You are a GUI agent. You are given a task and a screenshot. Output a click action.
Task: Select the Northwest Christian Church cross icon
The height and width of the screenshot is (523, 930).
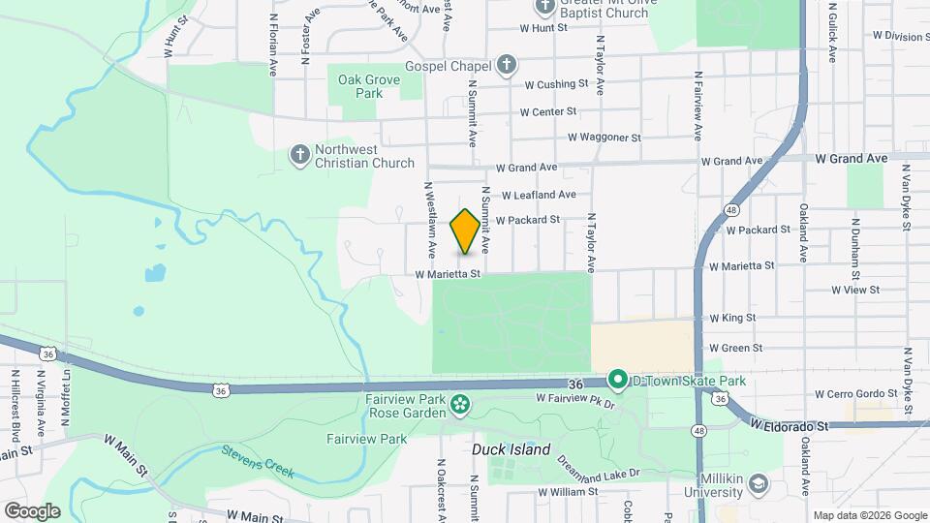pos(300,155)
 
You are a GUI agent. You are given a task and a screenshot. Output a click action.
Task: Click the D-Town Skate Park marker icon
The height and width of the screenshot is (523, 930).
pos(617,380)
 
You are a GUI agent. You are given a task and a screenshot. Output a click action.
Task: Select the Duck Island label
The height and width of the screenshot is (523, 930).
pos(511,449)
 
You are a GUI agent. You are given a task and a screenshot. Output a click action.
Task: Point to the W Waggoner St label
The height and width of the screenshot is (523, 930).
pos(604,138)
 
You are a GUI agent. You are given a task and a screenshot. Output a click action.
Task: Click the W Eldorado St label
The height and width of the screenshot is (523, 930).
pos(790,425)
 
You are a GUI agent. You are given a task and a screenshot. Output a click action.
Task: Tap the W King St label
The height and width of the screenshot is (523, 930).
pos(731,318)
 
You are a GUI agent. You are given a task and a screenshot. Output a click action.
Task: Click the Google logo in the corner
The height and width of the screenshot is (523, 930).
pos(32,510)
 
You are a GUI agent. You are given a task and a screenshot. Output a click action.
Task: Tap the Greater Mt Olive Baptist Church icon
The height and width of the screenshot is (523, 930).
pos(543,7)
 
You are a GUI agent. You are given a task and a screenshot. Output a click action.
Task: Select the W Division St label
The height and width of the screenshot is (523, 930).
pos(900,36)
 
